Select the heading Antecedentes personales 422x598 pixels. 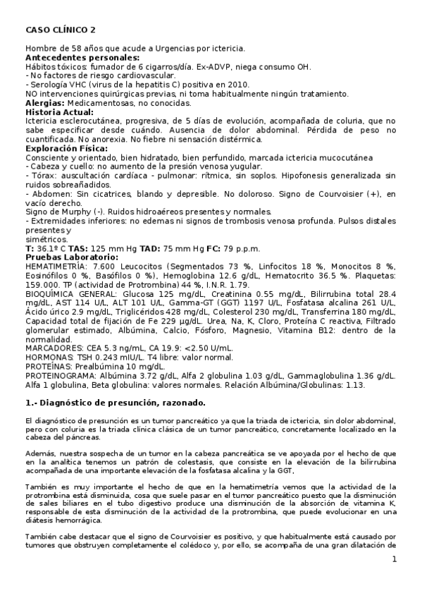pyautogui.click(x=82, y=57)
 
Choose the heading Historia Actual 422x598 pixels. pyautogui.click(x=59, y=112)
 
